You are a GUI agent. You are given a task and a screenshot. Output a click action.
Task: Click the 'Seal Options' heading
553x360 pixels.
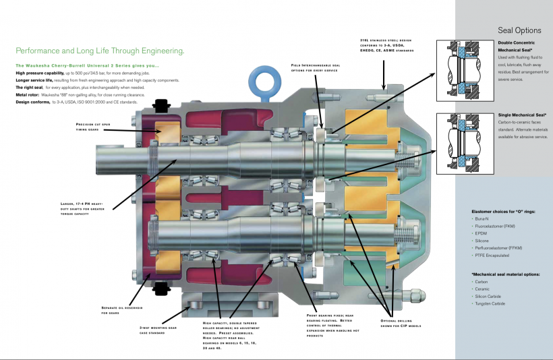519,30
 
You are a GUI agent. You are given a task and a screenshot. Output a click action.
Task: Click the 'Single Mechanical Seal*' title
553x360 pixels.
522,115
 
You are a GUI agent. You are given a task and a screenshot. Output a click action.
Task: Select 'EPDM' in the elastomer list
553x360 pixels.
481,233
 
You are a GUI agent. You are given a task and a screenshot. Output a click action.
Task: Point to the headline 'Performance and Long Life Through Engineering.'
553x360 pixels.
100,51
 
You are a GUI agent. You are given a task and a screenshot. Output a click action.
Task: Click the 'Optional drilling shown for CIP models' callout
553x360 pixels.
401,322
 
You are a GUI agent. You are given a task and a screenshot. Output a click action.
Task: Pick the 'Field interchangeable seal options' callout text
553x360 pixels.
315,67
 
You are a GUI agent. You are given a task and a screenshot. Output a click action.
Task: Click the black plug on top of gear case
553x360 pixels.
161,105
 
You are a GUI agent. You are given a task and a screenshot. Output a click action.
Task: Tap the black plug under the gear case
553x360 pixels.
161,288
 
